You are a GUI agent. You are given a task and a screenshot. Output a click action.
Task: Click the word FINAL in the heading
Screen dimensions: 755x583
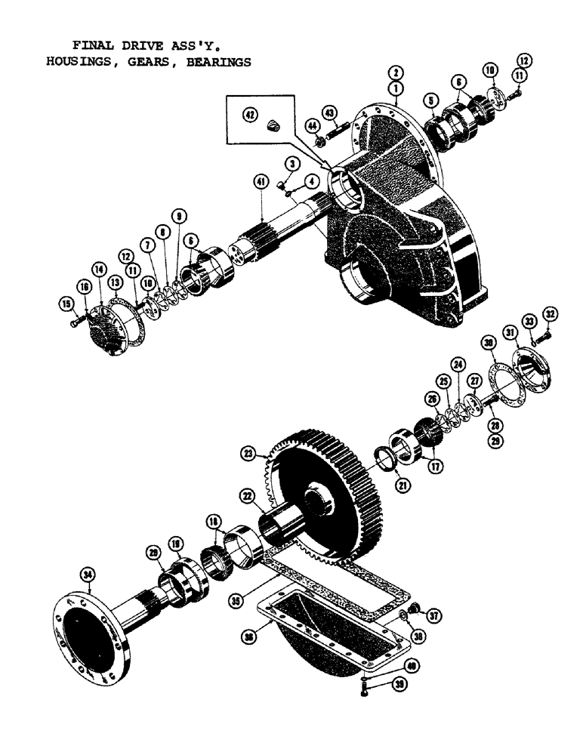pos(94,45)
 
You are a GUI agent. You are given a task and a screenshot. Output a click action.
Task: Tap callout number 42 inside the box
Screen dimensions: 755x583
pos(248,115)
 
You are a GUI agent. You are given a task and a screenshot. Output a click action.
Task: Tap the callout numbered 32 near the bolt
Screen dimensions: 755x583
pos(549,313)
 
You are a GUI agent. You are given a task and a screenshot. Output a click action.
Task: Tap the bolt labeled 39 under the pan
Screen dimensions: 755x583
pos(365,687)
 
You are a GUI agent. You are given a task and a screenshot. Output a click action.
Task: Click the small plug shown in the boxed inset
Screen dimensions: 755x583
pos(273,126)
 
